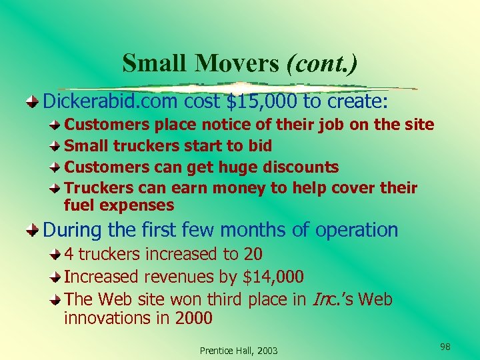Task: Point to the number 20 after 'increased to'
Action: click(253, 254)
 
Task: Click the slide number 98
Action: click(445, 346)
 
